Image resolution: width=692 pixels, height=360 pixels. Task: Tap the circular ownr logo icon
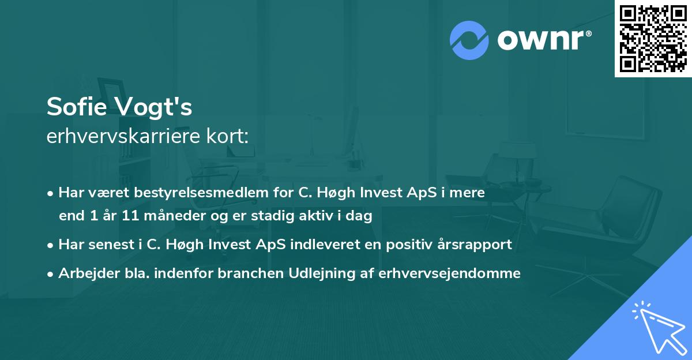[469, 40]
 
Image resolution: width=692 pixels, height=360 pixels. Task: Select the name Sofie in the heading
[78, 107]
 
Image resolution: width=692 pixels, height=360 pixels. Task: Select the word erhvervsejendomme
[449, 273]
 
